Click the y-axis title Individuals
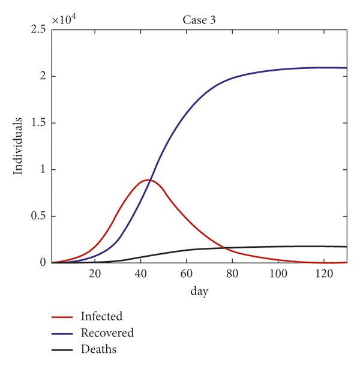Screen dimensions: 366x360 tap(19, 146)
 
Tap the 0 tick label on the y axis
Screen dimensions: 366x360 tap(43, 263)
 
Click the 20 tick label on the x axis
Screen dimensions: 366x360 tap(95, 274)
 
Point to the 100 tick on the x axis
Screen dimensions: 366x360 tap(278, 274)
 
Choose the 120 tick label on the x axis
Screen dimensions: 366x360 tap(323, 274)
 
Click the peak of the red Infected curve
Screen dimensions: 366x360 tap(147, 179)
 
